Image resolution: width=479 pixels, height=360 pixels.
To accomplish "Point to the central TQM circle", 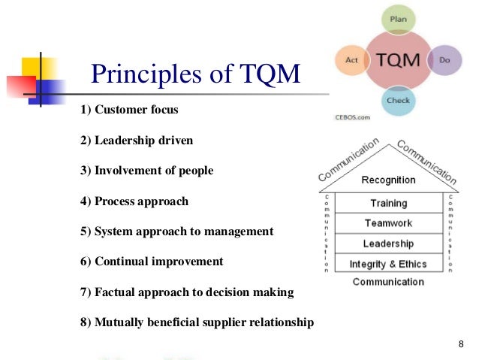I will point(398,59).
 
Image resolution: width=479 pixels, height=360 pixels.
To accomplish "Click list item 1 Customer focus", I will point(129,110).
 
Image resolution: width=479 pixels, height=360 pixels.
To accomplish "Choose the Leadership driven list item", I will point(136,141).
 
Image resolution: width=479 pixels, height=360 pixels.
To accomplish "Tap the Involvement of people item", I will point(146,171).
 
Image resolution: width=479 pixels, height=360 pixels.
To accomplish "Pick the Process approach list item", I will point(134,201).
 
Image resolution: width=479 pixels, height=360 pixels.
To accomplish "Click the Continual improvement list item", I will point(151,262).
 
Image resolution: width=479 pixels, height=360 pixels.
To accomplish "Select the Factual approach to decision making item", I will point(186,292).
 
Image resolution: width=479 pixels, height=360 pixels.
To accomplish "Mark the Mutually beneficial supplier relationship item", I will point(196,322).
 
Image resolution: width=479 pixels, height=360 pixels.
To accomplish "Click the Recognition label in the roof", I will point(388,180).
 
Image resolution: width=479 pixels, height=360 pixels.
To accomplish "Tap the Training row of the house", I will point(388,203).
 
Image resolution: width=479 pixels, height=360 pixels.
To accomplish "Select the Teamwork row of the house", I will point(388,223).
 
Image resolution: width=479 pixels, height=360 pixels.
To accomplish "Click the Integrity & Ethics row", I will point(388,264).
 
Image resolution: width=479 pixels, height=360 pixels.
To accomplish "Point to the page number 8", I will point(460,344).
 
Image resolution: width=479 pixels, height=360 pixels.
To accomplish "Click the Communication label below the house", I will point(388,282).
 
